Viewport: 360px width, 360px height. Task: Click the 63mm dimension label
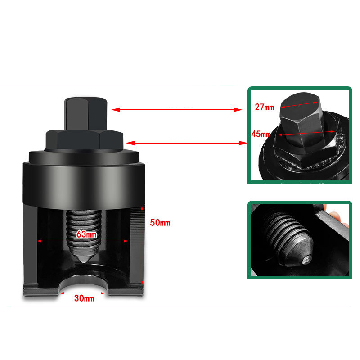86,234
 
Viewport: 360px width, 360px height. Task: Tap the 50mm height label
160,223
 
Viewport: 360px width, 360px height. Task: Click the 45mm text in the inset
261,134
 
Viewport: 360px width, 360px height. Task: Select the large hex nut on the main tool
84,140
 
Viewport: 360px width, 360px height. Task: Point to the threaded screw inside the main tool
84,229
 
